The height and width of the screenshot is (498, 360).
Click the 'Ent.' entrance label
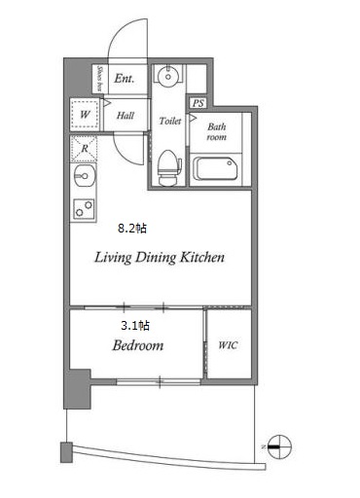click(x=125, y=79)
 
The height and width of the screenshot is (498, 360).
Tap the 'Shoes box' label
click(x=100, y=79)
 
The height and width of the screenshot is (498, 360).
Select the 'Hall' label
click(x=126, y=115)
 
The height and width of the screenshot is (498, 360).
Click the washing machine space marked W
click(x=85, y=114)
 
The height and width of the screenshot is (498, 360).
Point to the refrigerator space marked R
click(x=84, y=149)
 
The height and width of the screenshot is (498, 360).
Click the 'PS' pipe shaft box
click(x=198, y=103)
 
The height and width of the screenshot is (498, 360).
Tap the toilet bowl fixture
click(x=168, y=167)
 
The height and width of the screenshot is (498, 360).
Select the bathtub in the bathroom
click(x=215, y=168)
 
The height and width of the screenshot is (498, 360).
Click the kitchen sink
click(x=84, y=176)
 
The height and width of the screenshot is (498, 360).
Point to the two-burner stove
click(x=84, y=208)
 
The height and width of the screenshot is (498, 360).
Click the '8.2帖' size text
click(x=132, y=229)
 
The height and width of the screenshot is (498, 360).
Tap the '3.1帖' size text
click(x=135, y=325)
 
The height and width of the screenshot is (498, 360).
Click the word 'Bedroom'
click(x=138, y=345)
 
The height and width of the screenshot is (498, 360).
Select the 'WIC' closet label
click(x=228, y=345)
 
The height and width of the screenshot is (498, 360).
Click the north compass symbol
click(x=279, y=447)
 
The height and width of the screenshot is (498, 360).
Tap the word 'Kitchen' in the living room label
click(x=202, y=258)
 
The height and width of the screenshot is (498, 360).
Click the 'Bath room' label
click(x=217, y=131)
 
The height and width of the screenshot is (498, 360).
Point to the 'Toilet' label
click(x=170, y=121)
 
